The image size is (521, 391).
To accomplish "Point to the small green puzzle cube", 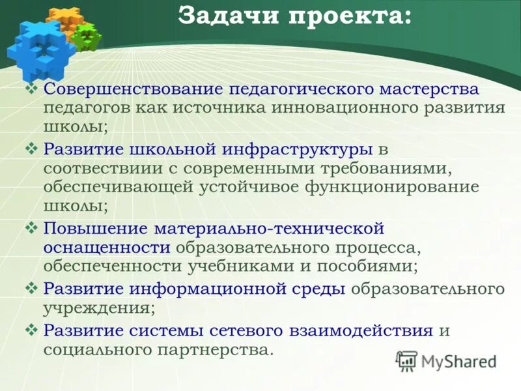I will click(x=87, y=36).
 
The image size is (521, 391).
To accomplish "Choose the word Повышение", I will click(x=94, y=229).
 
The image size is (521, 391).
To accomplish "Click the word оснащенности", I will click(x=107, y=248).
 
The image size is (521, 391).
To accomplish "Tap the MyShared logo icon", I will click(x=407, y=360).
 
